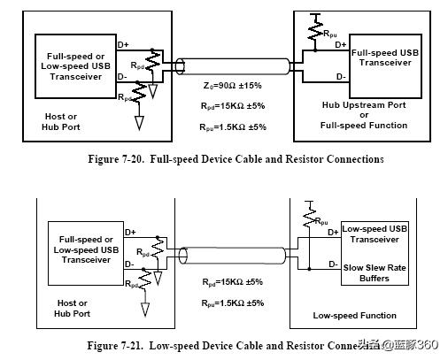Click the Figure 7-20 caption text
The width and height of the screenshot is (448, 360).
(x=224, y=159)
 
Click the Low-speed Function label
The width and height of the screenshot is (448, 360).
(x=355, y=315)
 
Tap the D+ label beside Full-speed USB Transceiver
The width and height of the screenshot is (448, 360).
(x=341, y=44)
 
